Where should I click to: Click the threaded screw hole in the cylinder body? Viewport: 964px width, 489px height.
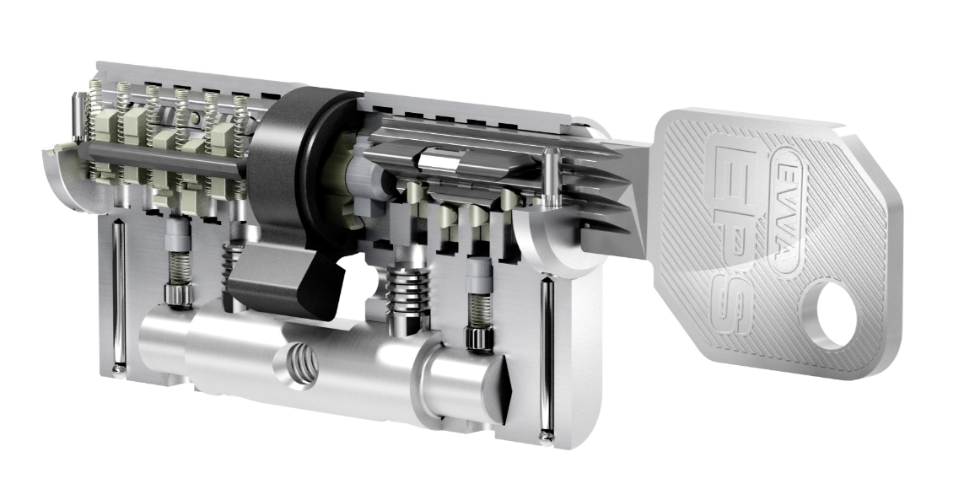pos(301,367)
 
